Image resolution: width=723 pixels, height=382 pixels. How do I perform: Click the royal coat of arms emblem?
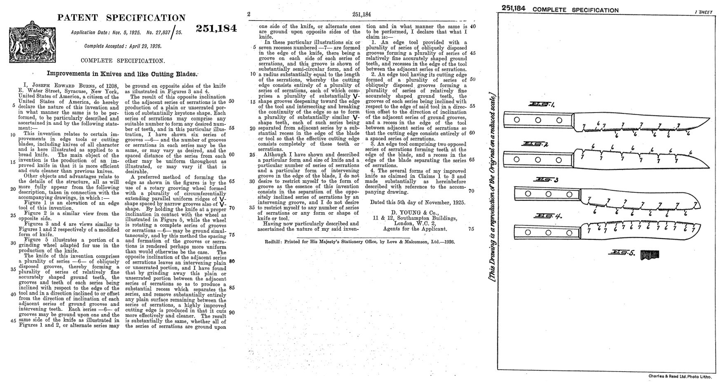[31, 42]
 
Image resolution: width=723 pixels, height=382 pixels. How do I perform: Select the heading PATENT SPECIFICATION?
[121, 18]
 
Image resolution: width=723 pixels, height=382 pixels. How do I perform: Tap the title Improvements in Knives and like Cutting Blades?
[122, 74]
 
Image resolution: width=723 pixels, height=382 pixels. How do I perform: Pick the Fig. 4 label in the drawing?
[546, 216]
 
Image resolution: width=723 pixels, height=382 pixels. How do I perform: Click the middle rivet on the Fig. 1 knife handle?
[538, 120]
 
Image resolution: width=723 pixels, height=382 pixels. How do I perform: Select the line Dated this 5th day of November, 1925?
[417, 202]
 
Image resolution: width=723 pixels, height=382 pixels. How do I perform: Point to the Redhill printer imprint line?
[359, 242]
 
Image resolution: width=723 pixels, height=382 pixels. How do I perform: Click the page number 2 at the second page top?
[249, 14]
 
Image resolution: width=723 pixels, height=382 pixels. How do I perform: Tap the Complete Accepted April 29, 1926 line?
[122, 46]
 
